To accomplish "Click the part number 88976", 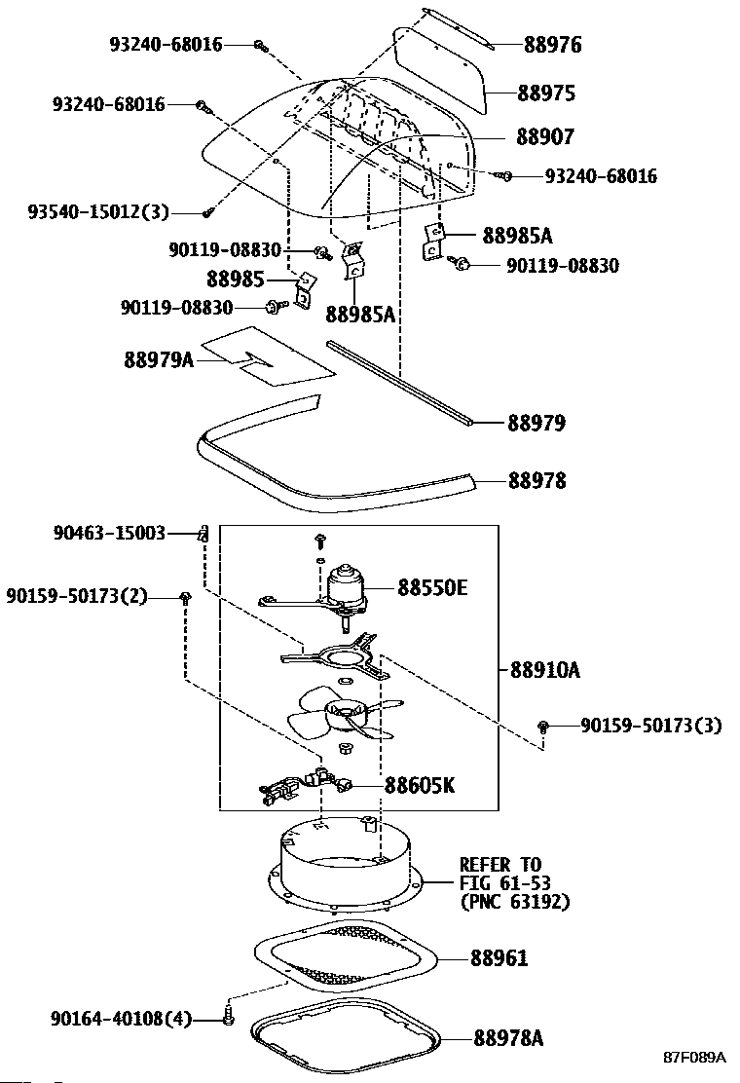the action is (552, 45).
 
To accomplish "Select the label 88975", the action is (546, 93).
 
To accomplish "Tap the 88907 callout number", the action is (544, 136).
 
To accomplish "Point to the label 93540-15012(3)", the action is (98, 211).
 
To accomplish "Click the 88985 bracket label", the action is (236, 280).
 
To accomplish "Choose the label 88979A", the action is (159, 359).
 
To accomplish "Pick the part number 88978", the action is (536, 480).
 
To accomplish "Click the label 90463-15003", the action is (109, 533).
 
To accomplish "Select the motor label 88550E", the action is (432, 588).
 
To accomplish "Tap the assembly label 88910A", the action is (545, 670).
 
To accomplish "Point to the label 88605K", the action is (420, 785).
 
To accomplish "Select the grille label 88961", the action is (499, 958).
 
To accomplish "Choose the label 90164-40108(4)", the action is (121, 1018).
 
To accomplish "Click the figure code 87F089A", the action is (695, 1058).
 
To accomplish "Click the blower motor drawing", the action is (348, 592).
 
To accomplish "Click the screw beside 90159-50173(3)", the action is (543, 726).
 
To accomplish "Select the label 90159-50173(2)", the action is (77, 595).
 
